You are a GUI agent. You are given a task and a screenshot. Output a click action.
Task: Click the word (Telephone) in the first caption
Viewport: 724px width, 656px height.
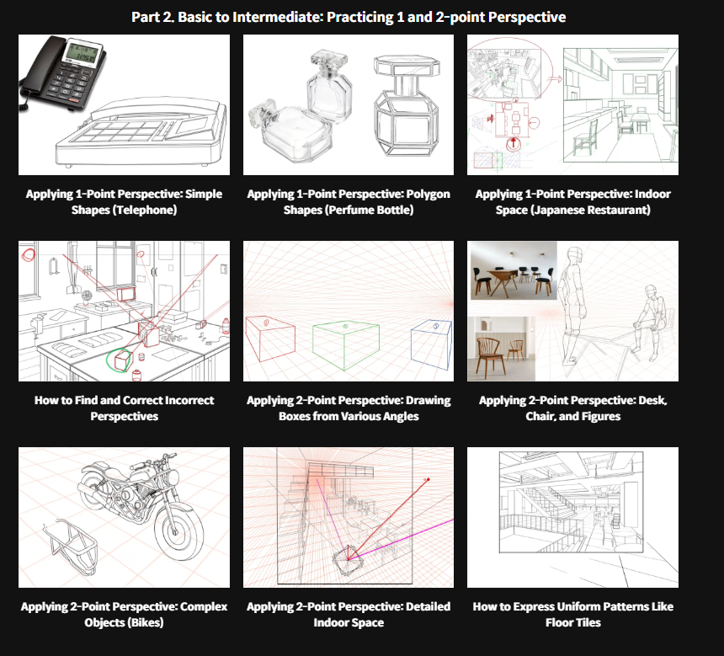coord(145,210)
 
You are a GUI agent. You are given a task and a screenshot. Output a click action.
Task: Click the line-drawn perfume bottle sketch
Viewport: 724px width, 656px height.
coord(406,105)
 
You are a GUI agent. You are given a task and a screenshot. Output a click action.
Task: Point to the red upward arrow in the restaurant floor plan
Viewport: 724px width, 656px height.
coord(513,143)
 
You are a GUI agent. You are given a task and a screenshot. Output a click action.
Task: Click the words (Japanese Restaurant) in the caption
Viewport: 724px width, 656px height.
coord(590,210)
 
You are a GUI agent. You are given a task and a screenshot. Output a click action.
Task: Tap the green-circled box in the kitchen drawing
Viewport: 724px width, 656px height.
coord(122,360)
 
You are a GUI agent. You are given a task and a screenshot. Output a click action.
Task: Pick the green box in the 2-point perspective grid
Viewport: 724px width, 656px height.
coord(346,345)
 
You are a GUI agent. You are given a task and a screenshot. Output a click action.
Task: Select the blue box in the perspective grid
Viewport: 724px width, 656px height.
coord(431,344)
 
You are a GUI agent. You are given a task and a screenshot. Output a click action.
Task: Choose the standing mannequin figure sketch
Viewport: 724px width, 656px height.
coord(573,306)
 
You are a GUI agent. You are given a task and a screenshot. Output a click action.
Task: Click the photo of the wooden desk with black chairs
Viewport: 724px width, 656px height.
coord(512,270)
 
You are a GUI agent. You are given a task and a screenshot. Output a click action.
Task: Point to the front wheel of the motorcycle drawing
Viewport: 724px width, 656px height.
coord(178,531)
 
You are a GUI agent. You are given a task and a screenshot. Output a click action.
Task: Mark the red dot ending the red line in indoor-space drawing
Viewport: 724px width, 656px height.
coord(428,479)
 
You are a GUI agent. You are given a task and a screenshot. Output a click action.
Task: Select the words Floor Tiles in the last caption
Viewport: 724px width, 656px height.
coord(573,622)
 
